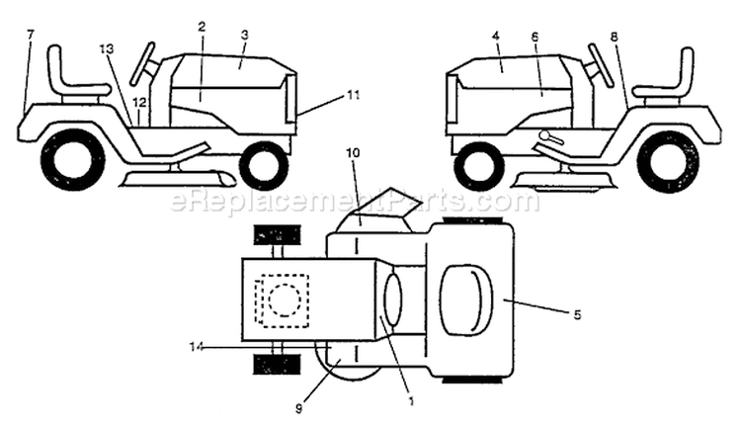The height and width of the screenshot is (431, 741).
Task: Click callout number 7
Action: click(31, 34)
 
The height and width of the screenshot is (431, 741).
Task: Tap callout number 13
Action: click(108, 47)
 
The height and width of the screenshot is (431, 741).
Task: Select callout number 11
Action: click(353, 95)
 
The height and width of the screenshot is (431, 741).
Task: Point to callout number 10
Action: click(353, 153)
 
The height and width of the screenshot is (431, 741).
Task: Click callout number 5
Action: click(577, 314)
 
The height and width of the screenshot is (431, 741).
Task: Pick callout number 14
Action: click(197, 347)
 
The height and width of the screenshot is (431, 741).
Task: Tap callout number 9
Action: click(298, 409)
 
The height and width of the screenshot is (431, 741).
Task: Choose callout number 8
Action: click(614, 37)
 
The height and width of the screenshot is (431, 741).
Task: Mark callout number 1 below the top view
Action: click(411, 402)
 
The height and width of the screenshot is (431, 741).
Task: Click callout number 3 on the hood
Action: click(244, 35)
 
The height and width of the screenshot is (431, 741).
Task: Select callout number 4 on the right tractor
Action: click(495, 36)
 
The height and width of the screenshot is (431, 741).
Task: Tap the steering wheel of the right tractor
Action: click(600, 64)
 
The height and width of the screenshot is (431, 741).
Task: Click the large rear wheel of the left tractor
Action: click(72, 161)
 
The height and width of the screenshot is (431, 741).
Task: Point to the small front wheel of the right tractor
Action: click(476, 166)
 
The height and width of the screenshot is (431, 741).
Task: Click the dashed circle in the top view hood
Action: click(285, 301)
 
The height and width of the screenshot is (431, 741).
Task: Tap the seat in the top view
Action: click(466, 302)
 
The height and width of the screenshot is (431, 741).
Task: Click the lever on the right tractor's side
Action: click(551, 137)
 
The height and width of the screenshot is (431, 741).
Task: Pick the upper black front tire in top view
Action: click(278, 234)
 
